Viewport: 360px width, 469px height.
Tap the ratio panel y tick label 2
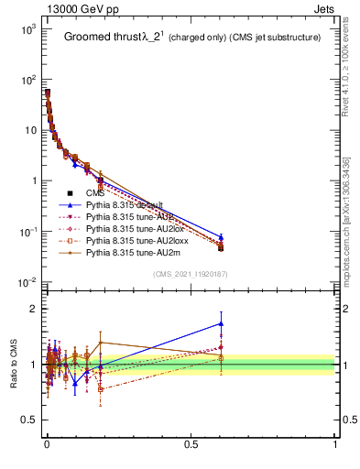click(x=32, y=309)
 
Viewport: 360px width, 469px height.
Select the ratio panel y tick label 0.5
click(x=28, y=420)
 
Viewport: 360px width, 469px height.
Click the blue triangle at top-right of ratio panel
click(x=221, y=323)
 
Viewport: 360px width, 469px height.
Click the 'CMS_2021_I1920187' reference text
click(x=191, y=274)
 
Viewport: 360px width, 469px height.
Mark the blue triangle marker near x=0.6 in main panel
click(x=221, y=237)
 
